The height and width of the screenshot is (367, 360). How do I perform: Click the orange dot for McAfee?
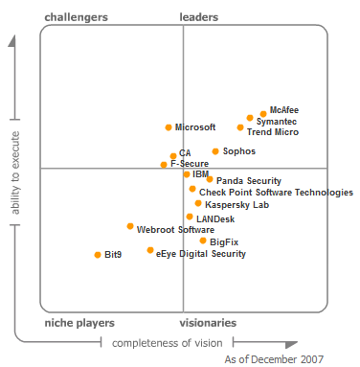tap(263, 113)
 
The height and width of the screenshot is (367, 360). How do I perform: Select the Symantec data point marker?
tap(250, 119)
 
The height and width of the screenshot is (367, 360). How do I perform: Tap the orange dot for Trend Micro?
tap(240, 127)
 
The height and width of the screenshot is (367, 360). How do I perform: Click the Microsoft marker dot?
tap(169, 126)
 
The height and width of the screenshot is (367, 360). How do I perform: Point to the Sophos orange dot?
tap(215, 151)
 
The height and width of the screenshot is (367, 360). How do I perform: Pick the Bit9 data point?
tap(98, 255)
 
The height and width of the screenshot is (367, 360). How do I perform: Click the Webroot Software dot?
tap(130, 226)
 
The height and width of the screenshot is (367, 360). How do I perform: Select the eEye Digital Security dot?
tap(150, 250)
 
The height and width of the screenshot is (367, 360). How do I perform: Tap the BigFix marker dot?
tap(203, 241)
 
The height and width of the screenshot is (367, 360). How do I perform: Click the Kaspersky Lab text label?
tap(236, 205)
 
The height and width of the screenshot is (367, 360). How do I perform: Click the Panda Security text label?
tap(248, 180)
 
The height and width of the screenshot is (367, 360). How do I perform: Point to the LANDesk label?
tap(215, 219)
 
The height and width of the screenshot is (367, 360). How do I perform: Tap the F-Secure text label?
tap(190, 164)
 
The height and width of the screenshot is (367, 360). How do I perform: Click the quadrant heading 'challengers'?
tap(77, 17)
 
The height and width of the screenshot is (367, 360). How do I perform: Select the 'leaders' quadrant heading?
tap(199, 17)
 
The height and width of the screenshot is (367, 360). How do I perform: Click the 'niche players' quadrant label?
tap(79, 324)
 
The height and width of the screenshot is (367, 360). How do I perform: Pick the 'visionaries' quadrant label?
tap(208, 324)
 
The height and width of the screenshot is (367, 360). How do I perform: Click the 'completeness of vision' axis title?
tap(168, 343)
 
